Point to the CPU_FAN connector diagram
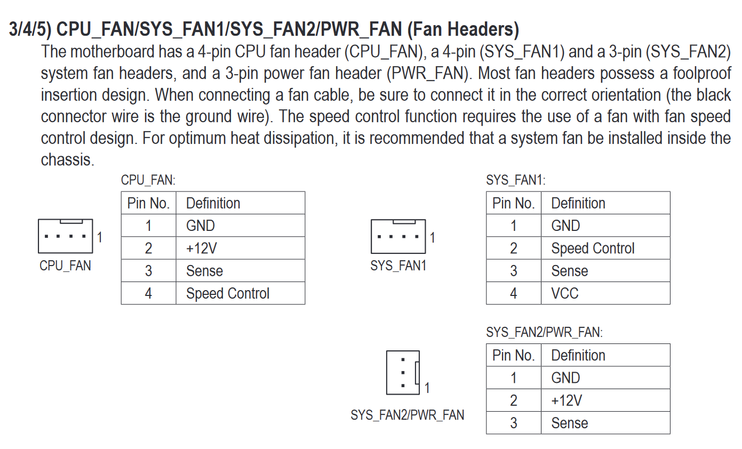point(65,236)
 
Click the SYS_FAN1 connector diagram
point(398,236)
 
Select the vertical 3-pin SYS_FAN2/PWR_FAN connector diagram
point(403,372)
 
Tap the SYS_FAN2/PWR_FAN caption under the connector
point(408,415)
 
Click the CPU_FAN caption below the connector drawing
point(65,266)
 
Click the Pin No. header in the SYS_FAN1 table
point(513,203)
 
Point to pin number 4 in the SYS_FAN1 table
point(513,293)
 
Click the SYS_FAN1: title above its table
point(516,180)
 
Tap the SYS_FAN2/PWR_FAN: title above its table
point(544,332)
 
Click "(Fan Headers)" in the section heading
point(462,29)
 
